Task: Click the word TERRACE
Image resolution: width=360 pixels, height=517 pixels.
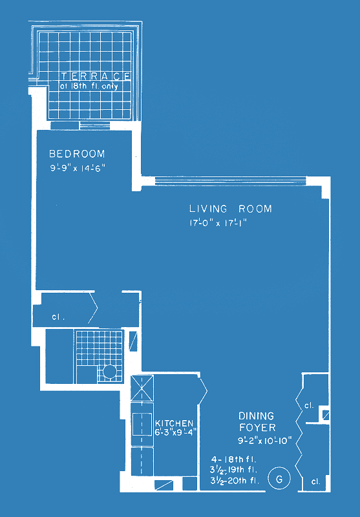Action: click(96, 76)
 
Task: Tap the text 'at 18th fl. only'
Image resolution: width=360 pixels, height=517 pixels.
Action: click(89, 87)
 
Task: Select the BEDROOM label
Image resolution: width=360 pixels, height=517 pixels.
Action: click(77, 154)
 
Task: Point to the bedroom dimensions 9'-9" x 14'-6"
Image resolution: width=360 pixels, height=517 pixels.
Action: click(77, 168)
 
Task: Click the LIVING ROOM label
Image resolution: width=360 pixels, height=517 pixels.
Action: click(231, 209)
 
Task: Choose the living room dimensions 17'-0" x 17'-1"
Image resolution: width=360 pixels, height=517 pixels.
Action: click(218, 223)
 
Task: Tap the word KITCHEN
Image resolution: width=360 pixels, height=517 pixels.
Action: click(174, 423)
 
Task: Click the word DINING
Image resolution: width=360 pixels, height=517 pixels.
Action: click(257, 416)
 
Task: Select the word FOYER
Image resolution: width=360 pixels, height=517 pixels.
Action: click(257, 428)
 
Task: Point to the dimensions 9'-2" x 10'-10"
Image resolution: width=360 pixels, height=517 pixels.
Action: click(265, 441)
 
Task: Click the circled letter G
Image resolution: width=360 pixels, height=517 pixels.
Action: click(279, 479)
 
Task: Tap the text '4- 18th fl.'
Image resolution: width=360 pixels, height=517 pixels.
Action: click(234, 459)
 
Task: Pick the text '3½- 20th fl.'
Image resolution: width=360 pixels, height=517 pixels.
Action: click(235, 481)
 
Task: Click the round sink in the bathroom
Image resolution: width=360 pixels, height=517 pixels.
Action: click(109, 372)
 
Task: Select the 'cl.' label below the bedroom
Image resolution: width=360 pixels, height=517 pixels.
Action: click(58, 317)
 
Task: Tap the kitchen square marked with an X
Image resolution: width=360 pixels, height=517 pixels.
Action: click(142, 388)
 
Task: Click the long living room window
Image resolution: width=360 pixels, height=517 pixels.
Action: click(231, 181)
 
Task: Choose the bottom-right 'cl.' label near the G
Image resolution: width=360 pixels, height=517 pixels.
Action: click(315, 481)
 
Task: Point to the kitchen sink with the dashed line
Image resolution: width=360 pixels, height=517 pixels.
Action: click(142, 424)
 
